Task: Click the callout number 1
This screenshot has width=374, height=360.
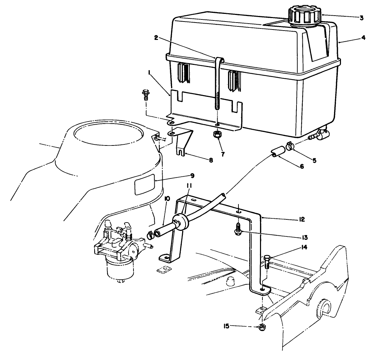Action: [149, 73]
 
